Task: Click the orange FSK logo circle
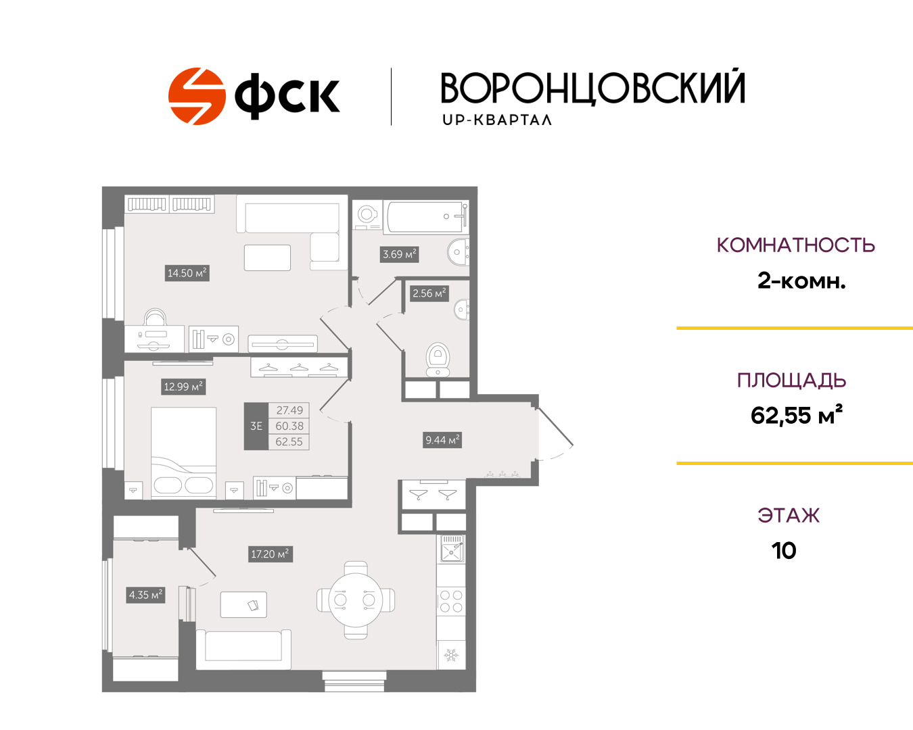click(197, 96)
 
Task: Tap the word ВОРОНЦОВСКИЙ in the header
click(593, 89)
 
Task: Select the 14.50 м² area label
click(187, 273)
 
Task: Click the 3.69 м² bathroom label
click(399, 254)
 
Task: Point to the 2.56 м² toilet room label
click(429, 293)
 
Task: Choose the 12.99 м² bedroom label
click(183, 387)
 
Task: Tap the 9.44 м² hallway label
click(442, 440)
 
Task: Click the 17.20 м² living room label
click(271, 554)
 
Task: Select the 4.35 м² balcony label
click(145, 595)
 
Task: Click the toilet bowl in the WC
click(438, 360)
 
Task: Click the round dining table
click(356, 600)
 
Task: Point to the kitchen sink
click(451, 548)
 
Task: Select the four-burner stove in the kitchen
click(451, 602)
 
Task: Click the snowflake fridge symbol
click(451, 655)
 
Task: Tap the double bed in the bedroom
click(183, 453)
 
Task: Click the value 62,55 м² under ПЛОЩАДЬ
click(796, 415)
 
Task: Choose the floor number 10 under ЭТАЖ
click(784, 551)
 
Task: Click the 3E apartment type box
click(256, 426)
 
